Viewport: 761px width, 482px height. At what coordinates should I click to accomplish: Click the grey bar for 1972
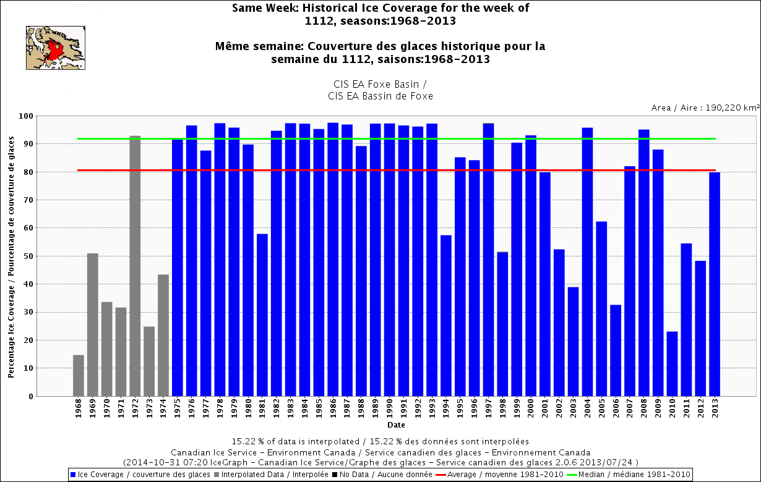tap(135, 266)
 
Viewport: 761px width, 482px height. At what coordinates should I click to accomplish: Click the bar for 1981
tap(262, 315)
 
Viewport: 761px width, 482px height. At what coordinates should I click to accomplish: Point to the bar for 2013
tap(715, 284)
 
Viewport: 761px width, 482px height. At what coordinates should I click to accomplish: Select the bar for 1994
tap(446, 316)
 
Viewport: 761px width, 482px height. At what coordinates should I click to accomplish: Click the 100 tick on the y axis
tap(26, 116)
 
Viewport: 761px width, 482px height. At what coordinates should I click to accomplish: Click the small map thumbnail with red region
tap(56, 48)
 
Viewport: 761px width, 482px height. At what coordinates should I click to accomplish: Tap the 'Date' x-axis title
tap(397, 425)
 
